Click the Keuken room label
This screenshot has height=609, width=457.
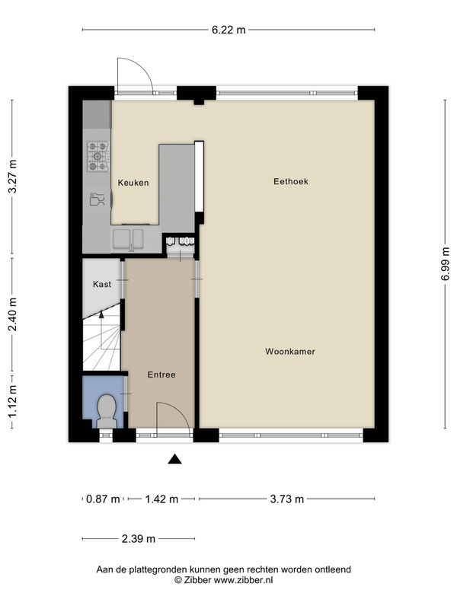pyautogui.click(x=133, y=183)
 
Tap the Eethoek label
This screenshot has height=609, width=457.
pyautogui.click(x=290, y=181)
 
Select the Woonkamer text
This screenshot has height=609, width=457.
pyautogui.click(x=290, y=352)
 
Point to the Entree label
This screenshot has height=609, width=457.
pyautogui.click(x=161, y=375)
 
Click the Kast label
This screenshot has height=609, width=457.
pyautogui.click(x=102, y=284)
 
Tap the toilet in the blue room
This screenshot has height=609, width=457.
pyautogui.click(x=106, y=411)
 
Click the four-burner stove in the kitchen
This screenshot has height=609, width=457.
pyautogui.click(x=97, y=158)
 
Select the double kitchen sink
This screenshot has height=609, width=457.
pyautogui.click(x=131, y=239)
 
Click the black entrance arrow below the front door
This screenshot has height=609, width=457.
pyautogui.click(x=175, y=458)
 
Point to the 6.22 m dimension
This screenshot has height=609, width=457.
pyautogui.click(x=228, y=30)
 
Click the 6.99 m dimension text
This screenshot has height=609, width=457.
pyautogui.click(x=444, y=264)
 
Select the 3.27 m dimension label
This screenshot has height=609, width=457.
pyautogui.click(x=12, y=177)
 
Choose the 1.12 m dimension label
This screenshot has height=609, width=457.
pyautogui.click(x=12, y=400)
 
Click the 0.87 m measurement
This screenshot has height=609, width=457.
pyautogui.click(x=103, y=499)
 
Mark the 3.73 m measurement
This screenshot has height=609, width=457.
pyautogui.click(x=286, y=499)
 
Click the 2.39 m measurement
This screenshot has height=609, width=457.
pyautogui.click(x=138, y=539)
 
